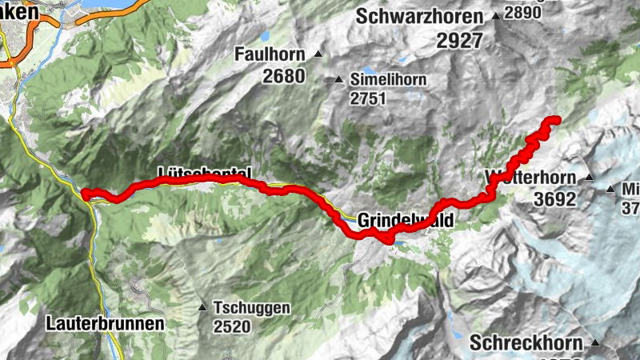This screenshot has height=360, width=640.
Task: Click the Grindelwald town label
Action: pyautogui.click(x=405, y=219)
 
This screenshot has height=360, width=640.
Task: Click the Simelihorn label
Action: pyautogui.click(x=387, y=80)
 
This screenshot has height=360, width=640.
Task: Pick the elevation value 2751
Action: pyautogui.click(x=367, y=99)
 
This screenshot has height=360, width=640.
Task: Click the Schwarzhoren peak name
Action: pyautogui.click(x=420, y=16)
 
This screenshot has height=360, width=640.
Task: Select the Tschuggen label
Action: pyautogui.click(x=252, y=308)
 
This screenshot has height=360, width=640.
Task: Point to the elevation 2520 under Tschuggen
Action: pyautogui.click(x=232, y=326)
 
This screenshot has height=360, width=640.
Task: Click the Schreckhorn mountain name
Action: pyautogui.click(x=526, y=343)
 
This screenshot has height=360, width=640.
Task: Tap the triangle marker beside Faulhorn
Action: pyautogui.click(x=318, y=54)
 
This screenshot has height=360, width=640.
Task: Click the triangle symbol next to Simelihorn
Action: pyautogui.click(x=338, y=80)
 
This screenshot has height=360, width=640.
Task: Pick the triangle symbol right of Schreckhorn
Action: pyautogui.click(x=595, y=343)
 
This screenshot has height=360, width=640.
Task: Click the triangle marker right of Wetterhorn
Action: pyautogui.click(x=590, y=178)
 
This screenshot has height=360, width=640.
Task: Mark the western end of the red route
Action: pyautogui.click(x=84, y=193)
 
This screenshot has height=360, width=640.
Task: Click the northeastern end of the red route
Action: pyautogui.click(x=554, y=121)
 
